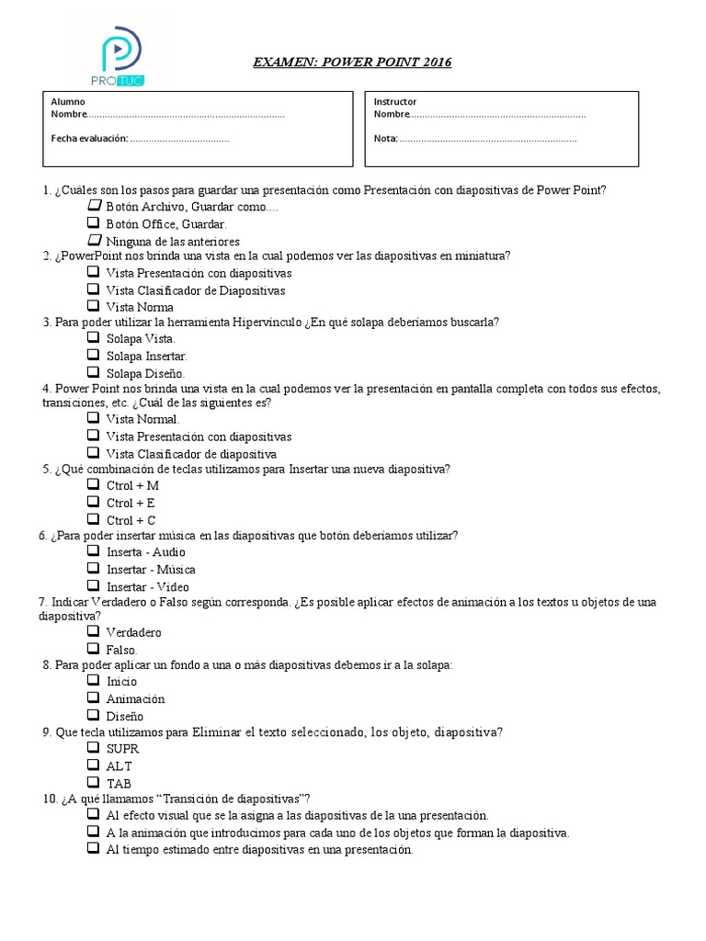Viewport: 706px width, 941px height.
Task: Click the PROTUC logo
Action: pyautogui.click(x=119, y=56)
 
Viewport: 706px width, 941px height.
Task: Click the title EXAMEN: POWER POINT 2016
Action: pyautogui.click(x=353, y=62)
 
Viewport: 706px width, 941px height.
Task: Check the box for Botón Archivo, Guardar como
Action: pyautogui.click(x=94, y=206)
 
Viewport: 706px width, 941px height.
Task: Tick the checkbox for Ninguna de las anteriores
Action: pyautogui.click(x=94, y=239)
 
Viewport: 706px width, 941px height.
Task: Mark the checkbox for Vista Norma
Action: pyautogui.click(x=94, y=305)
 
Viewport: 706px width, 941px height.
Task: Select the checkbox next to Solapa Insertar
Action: pyautogui.click(x=94, y=354)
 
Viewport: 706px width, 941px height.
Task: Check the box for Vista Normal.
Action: pyautogui.click(x=94, y=417)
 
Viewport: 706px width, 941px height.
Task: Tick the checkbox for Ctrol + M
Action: pyautogui.click(x=94, y=483)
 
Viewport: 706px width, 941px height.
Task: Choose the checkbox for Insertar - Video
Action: pyautogui.click(x=94, y=585)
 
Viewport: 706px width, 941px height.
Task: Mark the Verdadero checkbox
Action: pyautogui.click(x=94, y=631)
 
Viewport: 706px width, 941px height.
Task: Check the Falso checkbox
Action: pyautogui.click(x=94, y=648)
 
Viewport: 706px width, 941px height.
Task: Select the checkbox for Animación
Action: pyautogui.click(x=94, y=697)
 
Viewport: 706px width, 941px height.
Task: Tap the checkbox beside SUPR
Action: pyautogui.click(x=94, y=747)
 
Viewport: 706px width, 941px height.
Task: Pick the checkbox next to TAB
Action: pyautogui.click(x=94, y=782)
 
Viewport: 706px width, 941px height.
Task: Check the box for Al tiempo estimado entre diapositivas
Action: pyautogui.click(x=94, y=849)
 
